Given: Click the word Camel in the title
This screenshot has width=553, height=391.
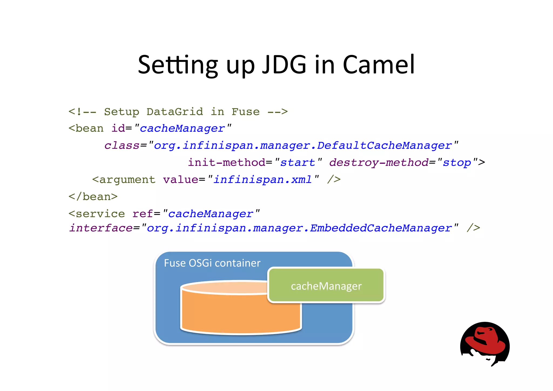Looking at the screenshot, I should click(x=379, y=65).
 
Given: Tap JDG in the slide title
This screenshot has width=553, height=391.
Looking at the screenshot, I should click(x=284, y=65).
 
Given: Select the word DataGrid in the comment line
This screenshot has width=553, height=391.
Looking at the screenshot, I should click(x=175, y=112).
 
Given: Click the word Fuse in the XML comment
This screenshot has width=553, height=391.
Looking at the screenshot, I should click(x=245, y=112).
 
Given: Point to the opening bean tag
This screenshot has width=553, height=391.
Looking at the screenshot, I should click(x=86, y=129).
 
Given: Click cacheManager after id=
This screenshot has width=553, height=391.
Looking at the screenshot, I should click(x=182, y=129).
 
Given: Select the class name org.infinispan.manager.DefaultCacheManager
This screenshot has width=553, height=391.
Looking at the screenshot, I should click(x=302, y=146).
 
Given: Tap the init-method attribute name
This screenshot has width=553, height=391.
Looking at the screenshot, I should click(x=227, y=163).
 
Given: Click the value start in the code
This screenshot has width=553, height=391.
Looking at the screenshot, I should click(x=298, y=163).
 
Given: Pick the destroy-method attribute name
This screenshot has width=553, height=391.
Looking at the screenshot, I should click(x=379, y=163).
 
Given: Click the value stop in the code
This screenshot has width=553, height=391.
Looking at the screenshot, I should click(x=457, y=163).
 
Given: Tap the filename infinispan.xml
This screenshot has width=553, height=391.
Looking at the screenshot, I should click(x=262, y=180).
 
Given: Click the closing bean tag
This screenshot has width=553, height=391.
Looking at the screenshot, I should click(x=93, y=197).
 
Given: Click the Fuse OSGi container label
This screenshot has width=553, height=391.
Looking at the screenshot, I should click(x=212, y=263).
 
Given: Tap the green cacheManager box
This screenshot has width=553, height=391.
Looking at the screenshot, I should click(x=326, y=286).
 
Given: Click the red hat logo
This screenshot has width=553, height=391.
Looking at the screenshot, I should click(x=485, y=343).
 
